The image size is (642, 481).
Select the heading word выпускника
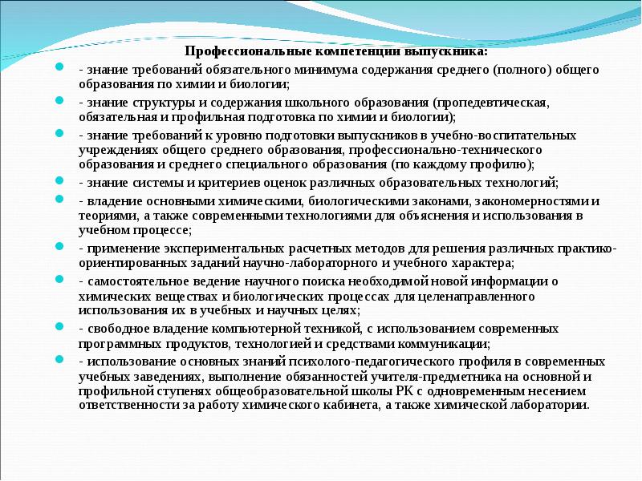coord(447,52)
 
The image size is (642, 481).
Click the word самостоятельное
coord(132,281)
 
